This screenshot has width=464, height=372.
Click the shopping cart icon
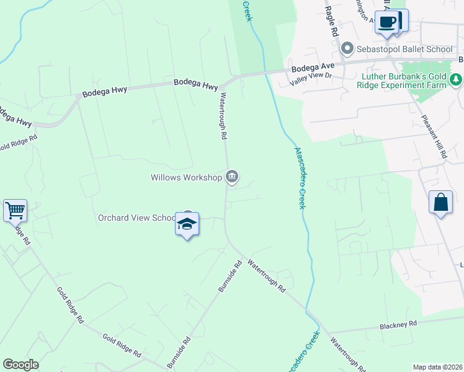(x=15, y=210)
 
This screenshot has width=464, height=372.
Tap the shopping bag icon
(x=440, y=202)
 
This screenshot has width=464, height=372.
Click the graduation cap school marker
(x=187, y=224)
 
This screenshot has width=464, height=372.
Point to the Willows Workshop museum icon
(x=232, y=177)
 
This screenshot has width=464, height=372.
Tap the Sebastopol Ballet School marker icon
(x=347, y=48)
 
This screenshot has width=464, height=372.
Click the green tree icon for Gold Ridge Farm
(x=456, y=79)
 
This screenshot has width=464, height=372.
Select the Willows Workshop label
(x=186, y=178)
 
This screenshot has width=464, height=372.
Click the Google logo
(x=20, y=365)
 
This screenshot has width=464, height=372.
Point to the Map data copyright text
(x=437, y=367)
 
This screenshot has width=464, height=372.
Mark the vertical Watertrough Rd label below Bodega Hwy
(x=223, y=116)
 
